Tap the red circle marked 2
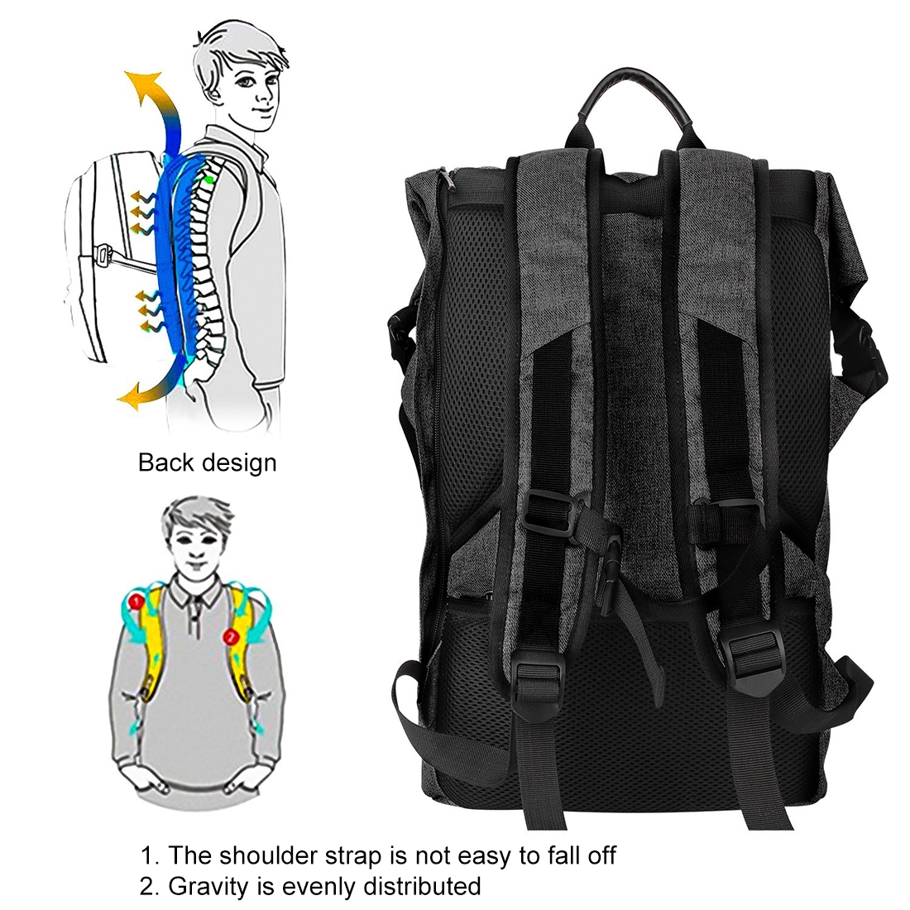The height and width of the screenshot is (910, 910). [231, 637]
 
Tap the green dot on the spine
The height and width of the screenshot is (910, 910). [208, 180]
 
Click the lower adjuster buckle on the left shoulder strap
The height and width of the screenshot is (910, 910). [540, 676]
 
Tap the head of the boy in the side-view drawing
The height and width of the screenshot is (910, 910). [244, 75]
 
